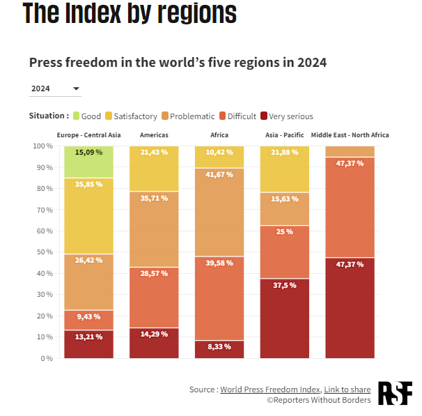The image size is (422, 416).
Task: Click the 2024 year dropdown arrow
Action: click(x=77, y=89)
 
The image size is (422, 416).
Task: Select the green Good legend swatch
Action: click(x=76, y=116)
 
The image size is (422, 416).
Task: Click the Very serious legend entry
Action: click(x=286, y=116)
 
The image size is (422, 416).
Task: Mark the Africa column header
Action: click(x=219, y=134)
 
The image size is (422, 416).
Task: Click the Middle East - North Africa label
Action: click(x=350, y=134)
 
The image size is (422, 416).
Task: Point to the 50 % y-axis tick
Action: click(x=43, y=252)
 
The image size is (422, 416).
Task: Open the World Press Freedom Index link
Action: click(x=270, y=389)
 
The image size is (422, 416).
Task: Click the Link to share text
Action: click(x=347, y=389)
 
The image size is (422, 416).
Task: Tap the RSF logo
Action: click(x=395, y=393)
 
